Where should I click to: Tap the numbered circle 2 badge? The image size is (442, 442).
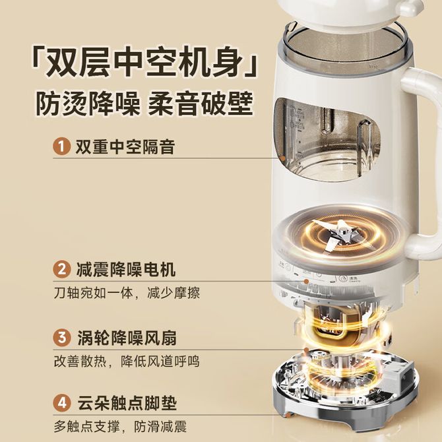pyautogui.click(x=61, y=269)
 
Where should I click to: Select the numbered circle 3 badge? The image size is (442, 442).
pyautogui.click(x=61, y=337)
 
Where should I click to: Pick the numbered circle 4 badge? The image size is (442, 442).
pyautogui.click(x=61, y=403)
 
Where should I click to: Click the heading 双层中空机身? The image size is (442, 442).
pyautogui.click(x=144, y=61)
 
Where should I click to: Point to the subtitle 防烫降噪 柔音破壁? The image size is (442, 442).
pyautogui.click(x=144, y=103)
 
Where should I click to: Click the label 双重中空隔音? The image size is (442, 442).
pyautogui.click(x=125, y=146)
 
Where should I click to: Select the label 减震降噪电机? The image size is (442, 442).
pyautogui.click(x=126, y=270)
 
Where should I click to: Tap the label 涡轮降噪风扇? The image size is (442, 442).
pyautogui.click(x=127, y=338)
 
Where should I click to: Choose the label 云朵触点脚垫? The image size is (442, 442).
pyautogui.click(x=127, y=403)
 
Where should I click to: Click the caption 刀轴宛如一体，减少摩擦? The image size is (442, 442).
pyautogui.click(x=127, y=293)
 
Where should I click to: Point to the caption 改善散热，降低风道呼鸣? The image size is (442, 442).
pyautogui.click(x=127, y=362)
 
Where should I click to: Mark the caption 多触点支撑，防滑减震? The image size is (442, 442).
pyautogui.click(x=120, y=427)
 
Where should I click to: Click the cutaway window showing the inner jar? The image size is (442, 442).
pyautogui.click(x=327, y=140)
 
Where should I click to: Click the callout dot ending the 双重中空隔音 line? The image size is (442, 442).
pyautogui.click(x=283, y=158)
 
